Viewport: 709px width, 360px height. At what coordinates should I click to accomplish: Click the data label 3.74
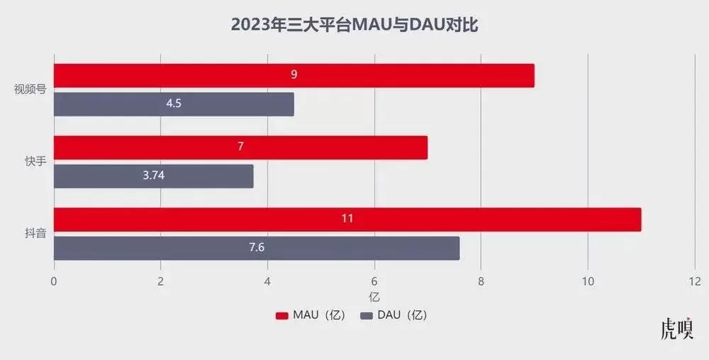(x=153, y=176)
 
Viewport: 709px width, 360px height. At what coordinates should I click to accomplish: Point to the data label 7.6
(x=255, y=248)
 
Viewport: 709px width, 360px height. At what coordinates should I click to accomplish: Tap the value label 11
(x=347, y=219)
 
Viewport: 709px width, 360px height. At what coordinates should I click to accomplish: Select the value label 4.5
(x=174, y=104)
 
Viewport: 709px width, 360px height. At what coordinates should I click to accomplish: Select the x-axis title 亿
(x=374, y=296)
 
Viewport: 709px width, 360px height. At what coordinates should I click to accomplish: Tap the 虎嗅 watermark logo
(x=676, y=330)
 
